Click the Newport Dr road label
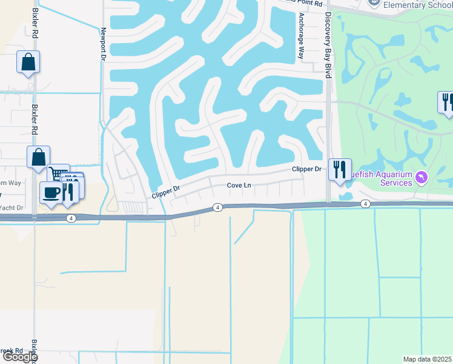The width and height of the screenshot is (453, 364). pyautogui.click(x=104, y=44)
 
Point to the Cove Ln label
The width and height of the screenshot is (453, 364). pyautogui.click(x=239, y=186)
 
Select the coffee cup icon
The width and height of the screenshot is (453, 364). pyautogui.click(x=51, y=193)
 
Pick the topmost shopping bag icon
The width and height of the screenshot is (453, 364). pyautogui.click(x=28, y=62)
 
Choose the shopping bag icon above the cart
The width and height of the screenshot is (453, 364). pyautogui.click(x=38, y=157)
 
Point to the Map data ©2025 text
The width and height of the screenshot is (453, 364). pyautogui.click(x=428, y=359)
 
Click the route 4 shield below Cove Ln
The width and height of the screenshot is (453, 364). pyautogui.click(x=217, y=207)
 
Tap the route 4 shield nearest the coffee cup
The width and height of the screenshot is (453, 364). pyautogui.click(x=71, y=218)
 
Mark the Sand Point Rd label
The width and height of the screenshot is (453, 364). pyautogui.click(x=306, y=3)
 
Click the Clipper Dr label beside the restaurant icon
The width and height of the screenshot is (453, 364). pyautogui.click(x=306, y=169)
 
